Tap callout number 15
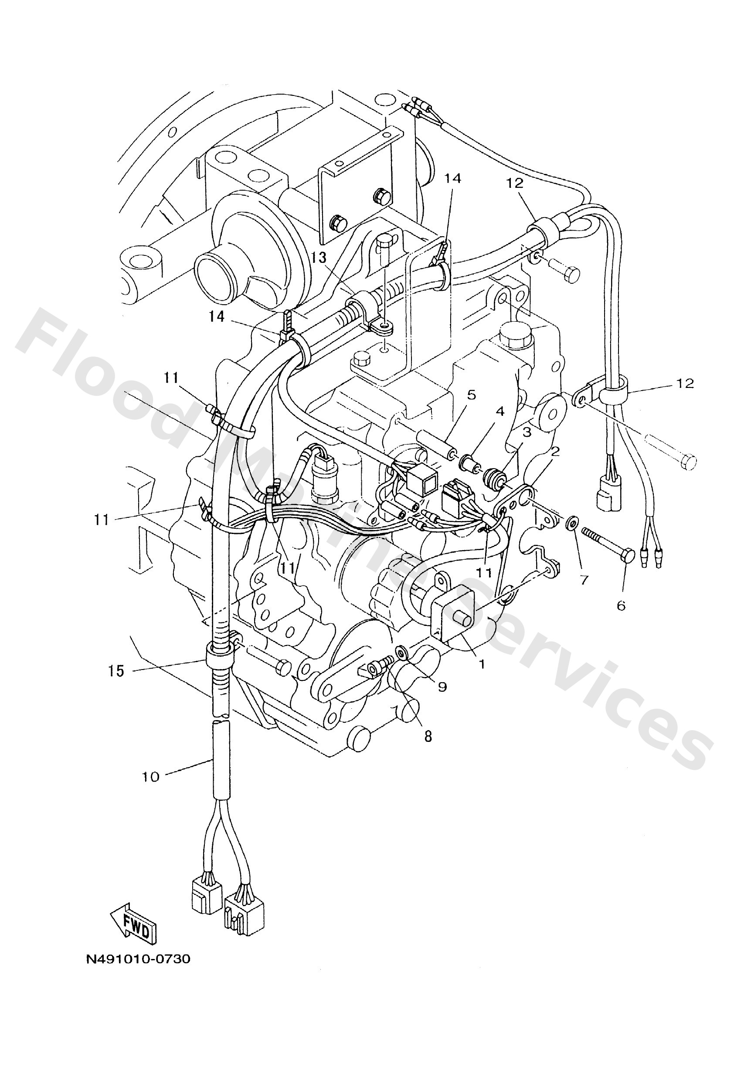tap(117, 671)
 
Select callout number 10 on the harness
tap(151, 777)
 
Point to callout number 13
tap(319, 258)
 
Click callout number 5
tap(471, 395)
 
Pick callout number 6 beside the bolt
tap(621, 605)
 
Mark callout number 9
tap(442, 687)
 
